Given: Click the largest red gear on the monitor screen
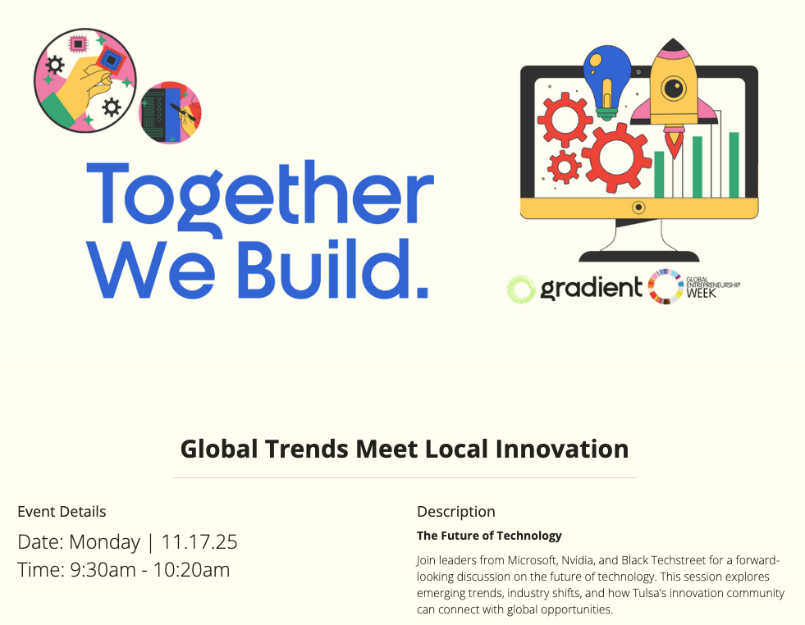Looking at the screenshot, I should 616,157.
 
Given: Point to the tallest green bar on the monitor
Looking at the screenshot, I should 734,164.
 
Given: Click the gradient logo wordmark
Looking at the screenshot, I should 591,288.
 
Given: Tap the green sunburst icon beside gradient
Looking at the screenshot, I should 520,288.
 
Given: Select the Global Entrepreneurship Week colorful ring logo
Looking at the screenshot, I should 665,287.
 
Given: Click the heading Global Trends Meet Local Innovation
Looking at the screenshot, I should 404,449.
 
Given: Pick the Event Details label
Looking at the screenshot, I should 62,512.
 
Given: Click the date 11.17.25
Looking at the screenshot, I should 199,542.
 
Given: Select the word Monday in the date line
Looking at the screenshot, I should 105,542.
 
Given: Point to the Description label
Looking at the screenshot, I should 455,512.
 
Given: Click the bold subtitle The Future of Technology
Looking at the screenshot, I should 489,536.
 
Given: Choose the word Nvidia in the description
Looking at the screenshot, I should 579,561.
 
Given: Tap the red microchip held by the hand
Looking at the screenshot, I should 108,59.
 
